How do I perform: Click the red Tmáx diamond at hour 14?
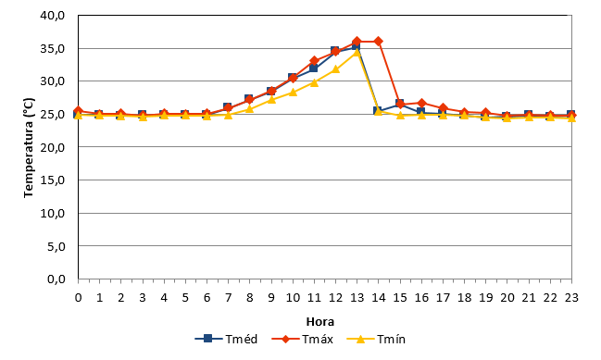click(379, 41)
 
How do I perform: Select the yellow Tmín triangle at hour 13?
click(357, 52)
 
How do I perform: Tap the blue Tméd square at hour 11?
click(314, 68)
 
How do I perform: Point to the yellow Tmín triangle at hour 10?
click(293, 92)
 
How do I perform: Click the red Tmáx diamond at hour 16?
click(421, 103)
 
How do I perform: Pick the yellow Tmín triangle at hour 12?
click(336, 69)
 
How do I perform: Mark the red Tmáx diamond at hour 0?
click(78, 111)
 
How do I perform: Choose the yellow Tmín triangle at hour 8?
click(249, 109)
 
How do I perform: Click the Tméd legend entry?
click(226, 339)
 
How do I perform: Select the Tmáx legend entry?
click(303, 339)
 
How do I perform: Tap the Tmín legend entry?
click(376, 339)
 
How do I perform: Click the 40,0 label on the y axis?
click(53, 16)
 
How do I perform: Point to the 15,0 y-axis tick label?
click(53, 180)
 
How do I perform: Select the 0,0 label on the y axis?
click(56, 279)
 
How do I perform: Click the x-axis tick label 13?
click(357, 297)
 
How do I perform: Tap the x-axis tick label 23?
click(571, 297)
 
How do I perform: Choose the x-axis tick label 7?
click(229, 297)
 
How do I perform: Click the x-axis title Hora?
click(320, 321)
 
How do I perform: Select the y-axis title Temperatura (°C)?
click(29, 147)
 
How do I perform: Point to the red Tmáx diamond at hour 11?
click(314, 60)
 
